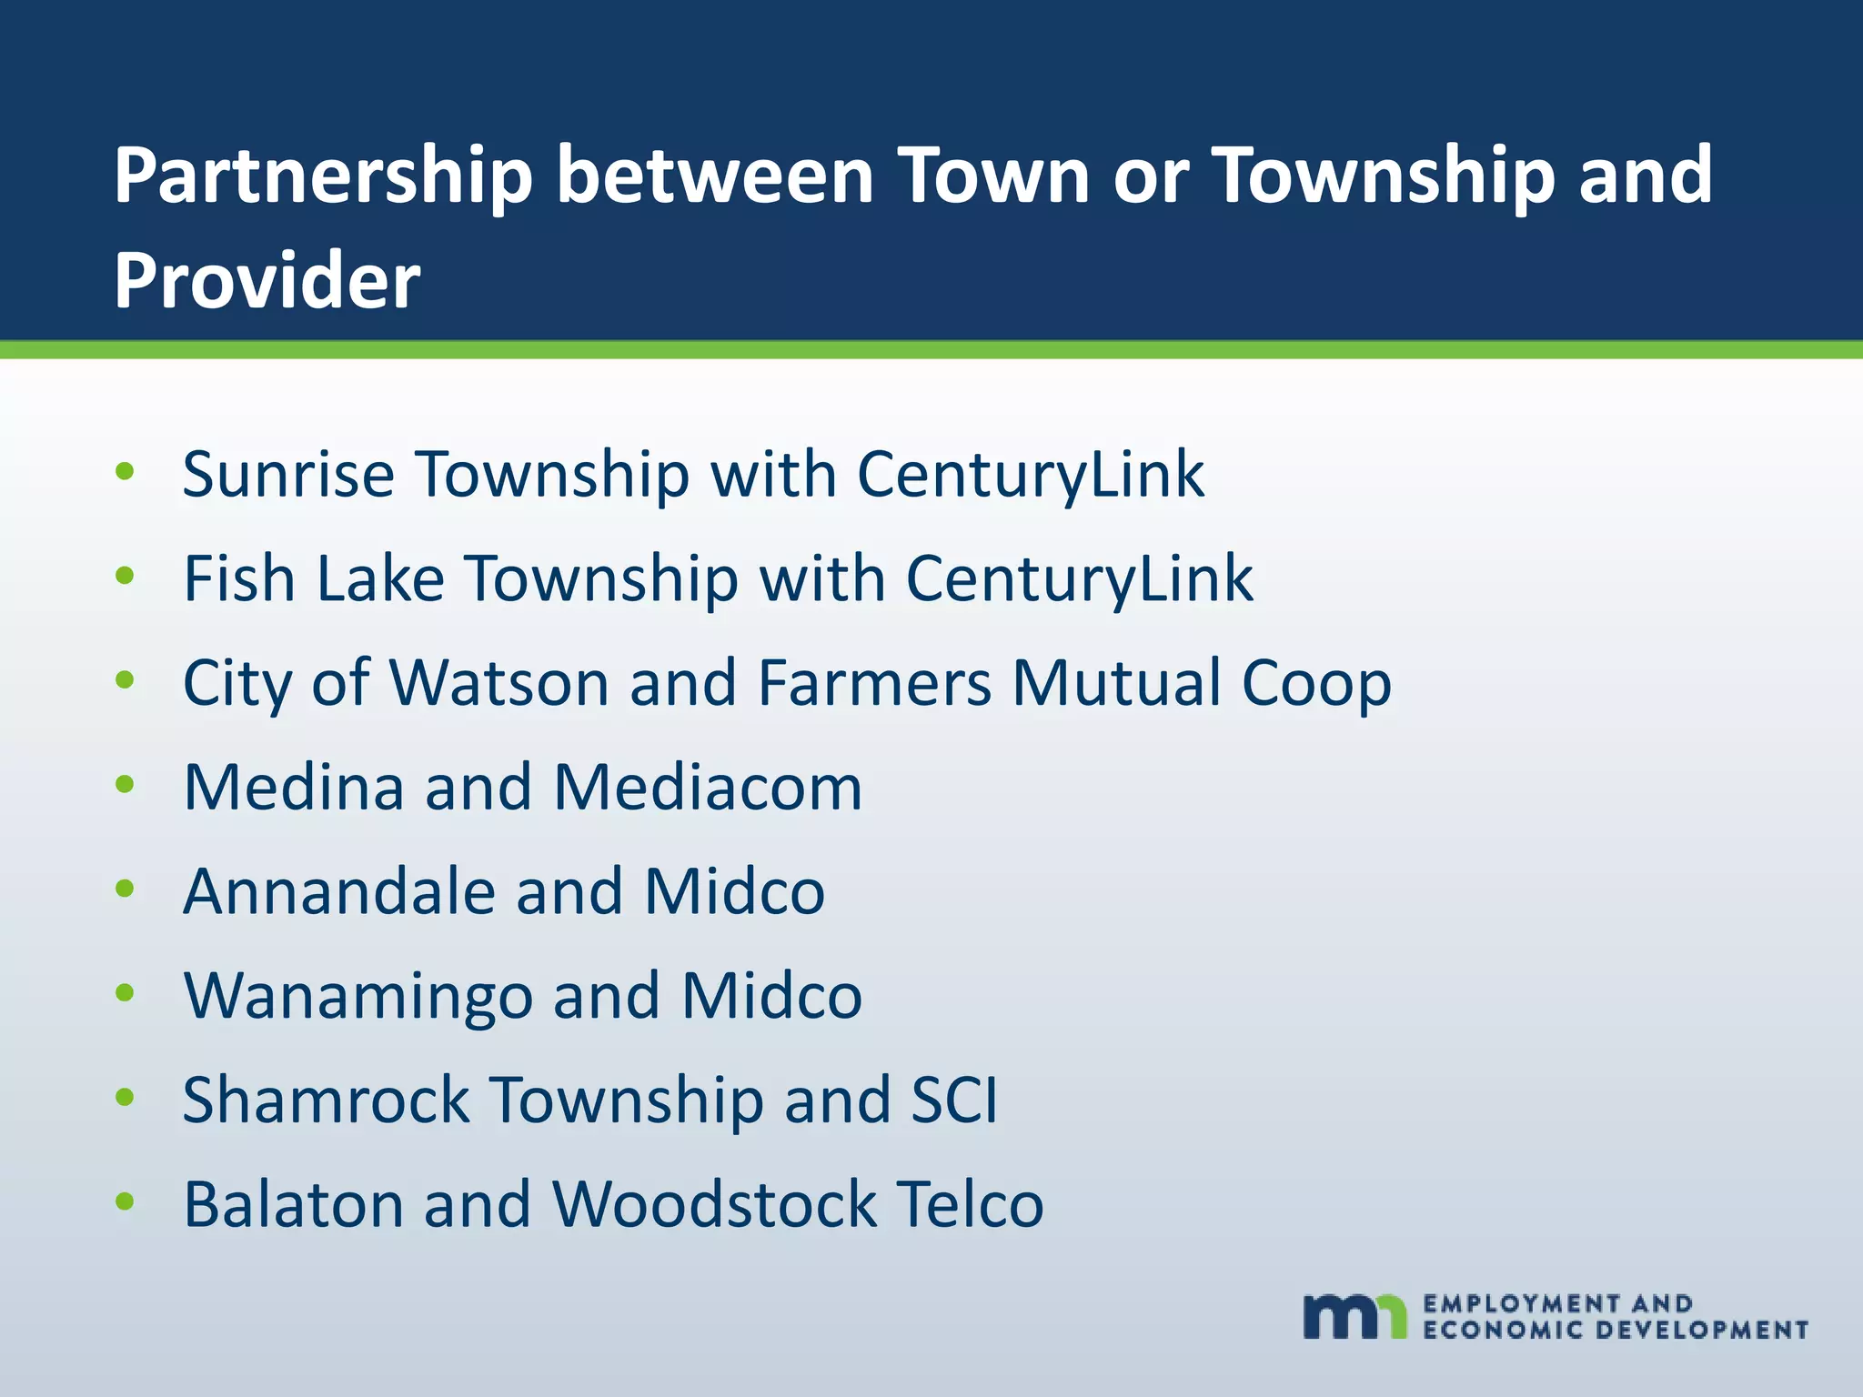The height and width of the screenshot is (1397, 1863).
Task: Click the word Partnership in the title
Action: (x=323, y=176)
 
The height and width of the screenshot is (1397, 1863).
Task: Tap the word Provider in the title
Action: (x=267, y=280)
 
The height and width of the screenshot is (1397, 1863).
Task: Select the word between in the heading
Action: (x=715, y=176)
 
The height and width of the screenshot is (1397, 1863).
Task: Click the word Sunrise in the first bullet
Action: (x=288, y=474)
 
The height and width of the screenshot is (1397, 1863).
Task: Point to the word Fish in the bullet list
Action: (x=239, y=578)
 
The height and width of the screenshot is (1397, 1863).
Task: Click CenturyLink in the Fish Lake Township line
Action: (x=1079, y=578)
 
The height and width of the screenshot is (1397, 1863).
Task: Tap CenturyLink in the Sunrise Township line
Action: (x=1031, y=474)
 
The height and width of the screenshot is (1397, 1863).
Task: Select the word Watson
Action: (x=499, y=682)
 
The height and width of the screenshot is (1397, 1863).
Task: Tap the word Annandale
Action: (x=339, y=891)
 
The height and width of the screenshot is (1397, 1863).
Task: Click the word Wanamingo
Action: (x=357, y=996)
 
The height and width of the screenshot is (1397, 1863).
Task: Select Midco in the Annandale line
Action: (x=735, y=891)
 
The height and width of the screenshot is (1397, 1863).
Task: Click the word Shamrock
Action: (x=326, y=1100)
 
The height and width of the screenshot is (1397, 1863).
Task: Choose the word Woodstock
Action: (x=714, y=1204)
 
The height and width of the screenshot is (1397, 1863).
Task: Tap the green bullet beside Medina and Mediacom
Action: (x=126, y=784)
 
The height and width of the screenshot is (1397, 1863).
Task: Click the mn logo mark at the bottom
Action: (x=1354, y=1315)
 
